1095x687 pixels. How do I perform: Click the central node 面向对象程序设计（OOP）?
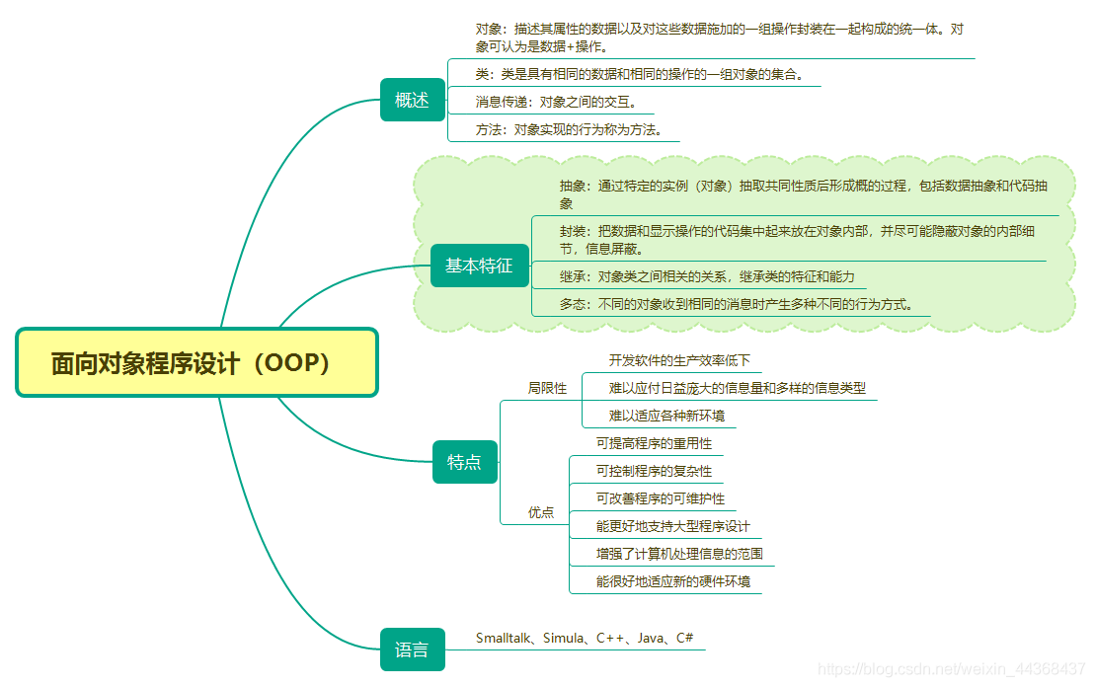point(196,362)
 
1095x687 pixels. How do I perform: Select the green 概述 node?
point(412,100)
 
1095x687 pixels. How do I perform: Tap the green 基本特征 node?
point(479,266)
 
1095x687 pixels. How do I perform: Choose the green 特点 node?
point(464,462)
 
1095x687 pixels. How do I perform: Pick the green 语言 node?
point(412,649)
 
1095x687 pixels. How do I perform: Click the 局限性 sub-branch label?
point(547,388)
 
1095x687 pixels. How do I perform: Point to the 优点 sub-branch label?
point(541,512)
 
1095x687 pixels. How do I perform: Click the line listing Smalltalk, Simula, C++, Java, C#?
point(585,639)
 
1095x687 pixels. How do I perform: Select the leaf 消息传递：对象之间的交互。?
point(556,102)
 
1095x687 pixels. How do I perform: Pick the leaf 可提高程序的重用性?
point(653,443)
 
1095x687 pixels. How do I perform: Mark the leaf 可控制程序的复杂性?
point(653,471)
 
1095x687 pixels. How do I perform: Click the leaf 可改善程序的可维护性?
point(660,498)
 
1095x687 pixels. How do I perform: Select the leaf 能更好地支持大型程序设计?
point(672,526)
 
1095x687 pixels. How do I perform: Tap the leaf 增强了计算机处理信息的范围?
point(679,554)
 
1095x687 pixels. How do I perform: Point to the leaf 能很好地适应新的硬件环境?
point(672,581)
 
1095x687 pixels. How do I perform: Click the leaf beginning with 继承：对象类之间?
point(707,276)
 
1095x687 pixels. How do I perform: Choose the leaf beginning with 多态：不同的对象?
point(744,304)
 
